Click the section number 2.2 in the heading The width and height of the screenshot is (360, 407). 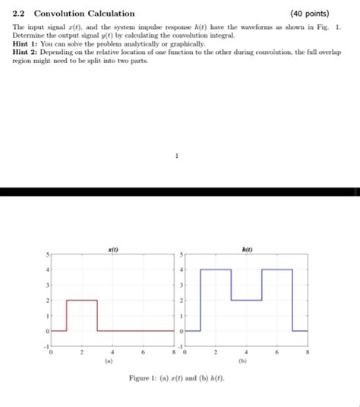19,14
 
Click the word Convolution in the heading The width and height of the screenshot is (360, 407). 62,14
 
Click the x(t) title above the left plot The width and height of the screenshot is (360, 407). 112,248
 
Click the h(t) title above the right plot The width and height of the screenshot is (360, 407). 247,248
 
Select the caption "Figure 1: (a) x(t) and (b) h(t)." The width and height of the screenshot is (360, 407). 177,378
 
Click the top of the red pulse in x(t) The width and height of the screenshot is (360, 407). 82,301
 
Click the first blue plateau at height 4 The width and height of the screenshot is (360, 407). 216,270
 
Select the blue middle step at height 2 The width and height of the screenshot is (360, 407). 246,301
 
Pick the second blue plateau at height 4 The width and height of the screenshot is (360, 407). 276,270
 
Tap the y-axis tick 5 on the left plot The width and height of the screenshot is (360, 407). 47,254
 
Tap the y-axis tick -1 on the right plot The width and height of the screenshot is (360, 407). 181,347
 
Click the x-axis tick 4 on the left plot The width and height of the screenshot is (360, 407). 112,353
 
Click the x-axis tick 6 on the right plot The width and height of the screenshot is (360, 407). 276,353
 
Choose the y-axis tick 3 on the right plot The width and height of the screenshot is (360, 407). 182,285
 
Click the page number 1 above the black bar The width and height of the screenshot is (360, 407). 176,158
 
